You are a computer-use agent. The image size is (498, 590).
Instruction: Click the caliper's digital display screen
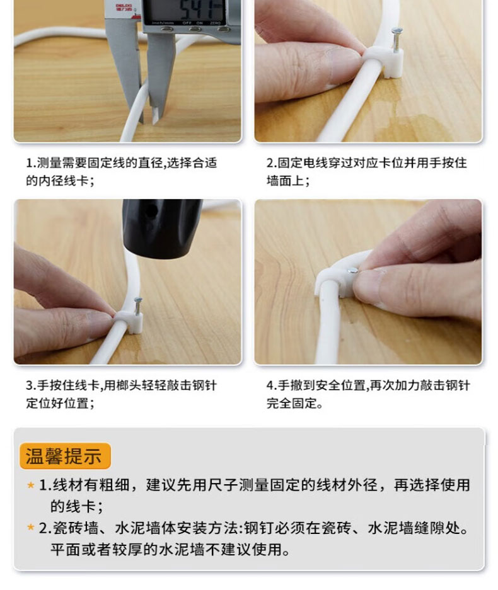tap(185, 11)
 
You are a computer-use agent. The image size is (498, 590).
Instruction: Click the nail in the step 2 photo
tap(397, 40)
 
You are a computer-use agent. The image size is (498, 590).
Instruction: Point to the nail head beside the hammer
tap(138, 300)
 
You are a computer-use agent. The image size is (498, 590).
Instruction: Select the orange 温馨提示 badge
tap(65, 456)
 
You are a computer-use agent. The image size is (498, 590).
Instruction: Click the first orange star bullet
tap(30, 485)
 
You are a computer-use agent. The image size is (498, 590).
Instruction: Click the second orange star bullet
tap(30, 528)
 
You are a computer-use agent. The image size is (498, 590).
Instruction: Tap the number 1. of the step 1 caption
tap(31, 163)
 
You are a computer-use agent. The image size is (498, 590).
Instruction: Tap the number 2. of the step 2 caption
tap(272, 163)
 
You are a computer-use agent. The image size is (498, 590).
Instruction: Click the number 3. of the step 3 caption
tap(31, 385)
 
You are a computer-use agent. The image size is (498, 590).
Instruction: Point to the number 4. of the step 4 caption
tap(272, 385)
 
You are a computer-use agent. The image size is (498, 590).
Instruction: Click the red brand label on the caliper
tap(124, 8)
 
